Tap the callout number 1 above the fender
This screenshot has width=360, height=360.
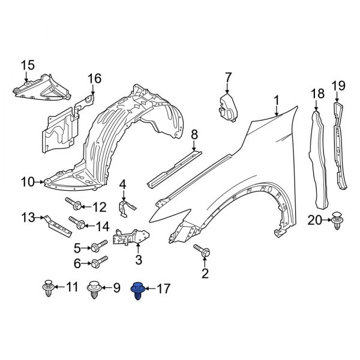277,100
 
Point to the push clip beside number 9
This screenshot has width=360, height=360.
94,289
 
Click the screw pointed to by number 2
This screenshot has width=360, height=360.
201,253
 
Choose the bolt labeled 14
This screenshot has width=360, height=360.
76,224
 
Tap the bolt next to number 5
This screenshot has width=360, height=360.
98,246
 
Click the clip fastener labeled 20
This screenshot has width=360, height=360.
337,220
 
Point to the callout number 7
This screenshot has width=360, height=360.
228,77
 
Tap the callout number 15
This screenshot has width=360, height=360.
28,65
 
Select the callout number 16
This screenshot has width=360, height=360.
95,79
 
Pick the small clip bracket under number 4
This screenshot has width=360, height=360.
124,208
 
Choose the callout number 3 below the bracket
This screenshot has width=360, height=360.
138,260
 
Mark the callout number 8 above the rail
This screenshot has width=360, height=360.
194,135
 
